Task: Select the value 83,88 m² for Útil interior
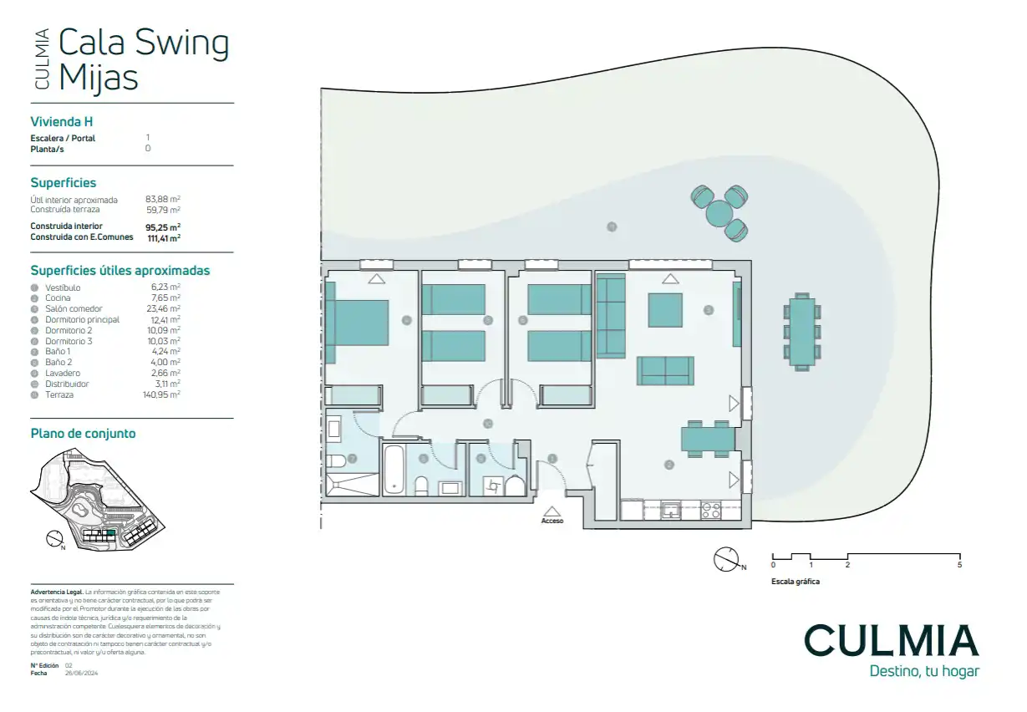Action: tap(163, 200)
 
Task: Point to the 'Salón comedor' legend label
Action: tap(74, 308)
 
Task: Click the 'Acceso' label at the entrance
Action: tap(552, 521)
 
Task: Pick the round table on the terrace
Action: tap(719, 214)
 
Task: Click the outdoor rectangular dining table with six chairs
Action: tap(803, 333)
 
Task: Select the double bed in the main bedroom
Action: tap(358, 323)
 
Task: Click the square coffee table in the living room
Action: tap(665, 310)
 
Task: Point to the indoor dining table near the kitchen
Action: tap(706, 439)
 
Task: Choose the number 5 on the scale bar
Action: tap(959, 566)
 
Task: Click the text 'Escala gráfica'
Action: tap(795, 582)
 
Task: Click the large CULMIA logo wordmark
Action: tap(891, 641)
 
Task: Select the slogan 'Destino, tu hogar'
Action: tap(923, 671)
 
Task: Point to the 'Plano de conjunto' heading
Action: tap(83, 433)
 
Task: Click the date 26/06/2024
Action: tap(82, 672)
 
